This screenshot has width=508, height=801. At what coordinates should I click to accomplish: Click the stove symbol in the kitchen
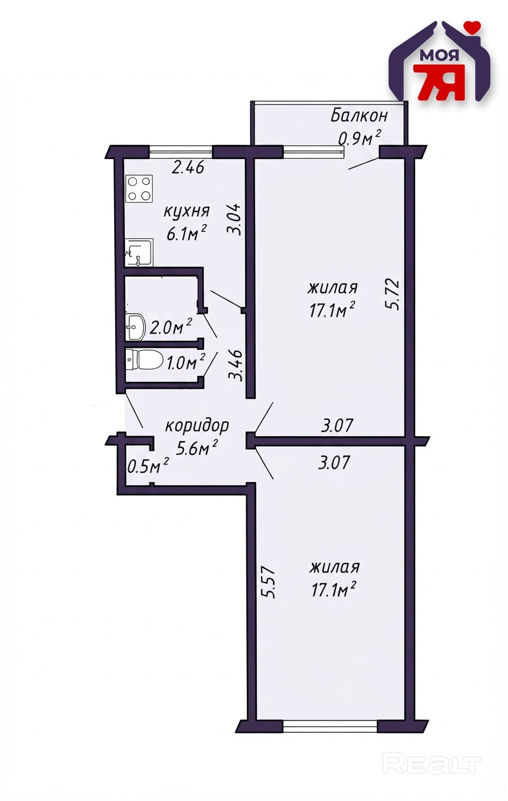click(139, 188)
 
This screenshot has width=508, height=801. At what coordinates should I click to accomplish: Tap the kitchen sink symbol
click(139, 253)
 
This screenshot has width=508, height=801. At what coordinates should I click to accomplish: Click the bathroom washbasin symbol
click(135, 327)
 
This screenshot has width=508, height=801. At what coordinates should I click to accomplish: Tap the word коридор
click(197, 427)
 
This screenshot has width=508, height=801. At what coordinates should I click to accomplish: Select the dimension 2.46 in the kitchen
click(188, 167)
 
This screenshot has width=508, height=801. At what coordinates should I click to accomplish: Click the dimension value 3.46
click(236, 365)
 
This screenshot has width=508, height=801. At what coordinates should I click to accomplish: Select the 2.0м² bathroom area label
click(171, 327)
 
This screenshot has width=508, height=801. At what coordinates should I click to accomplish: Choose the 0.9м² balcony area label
click(359, 137)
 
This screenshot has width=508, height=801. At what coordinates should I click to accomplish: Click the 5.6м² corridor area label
click(197, 448)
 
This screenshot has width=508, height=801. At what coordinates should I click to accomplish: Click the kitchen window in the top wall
click(181, 152)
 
